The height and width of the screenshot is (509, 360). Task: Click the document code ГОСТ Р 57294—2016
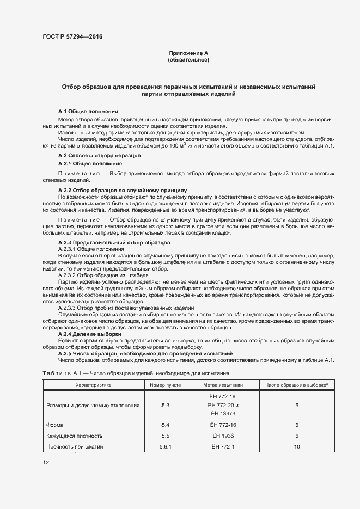(72, 37)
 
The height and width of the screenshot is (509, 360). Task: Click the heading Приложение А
(188, 53)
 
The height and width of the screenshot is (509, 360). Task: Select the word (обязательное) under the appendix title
(188, 60)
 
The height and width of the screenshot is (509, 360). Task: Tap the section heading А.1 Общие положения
(88, 111)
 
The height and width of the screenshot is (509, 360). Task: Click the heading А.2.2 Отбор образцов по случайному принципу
(122, 190)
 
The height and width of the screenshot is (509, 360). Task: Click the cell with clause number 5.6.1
(166, 447)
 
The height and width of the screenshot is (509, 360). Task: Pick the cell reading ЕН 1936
(223, 436)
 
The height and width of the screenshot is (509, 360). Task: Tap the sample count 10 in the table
(297, 447)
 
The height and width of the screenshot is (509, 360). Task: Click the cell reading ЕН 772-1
(223, 447)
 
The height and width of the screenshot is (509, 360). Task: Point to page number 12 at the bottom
(46, 462)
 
